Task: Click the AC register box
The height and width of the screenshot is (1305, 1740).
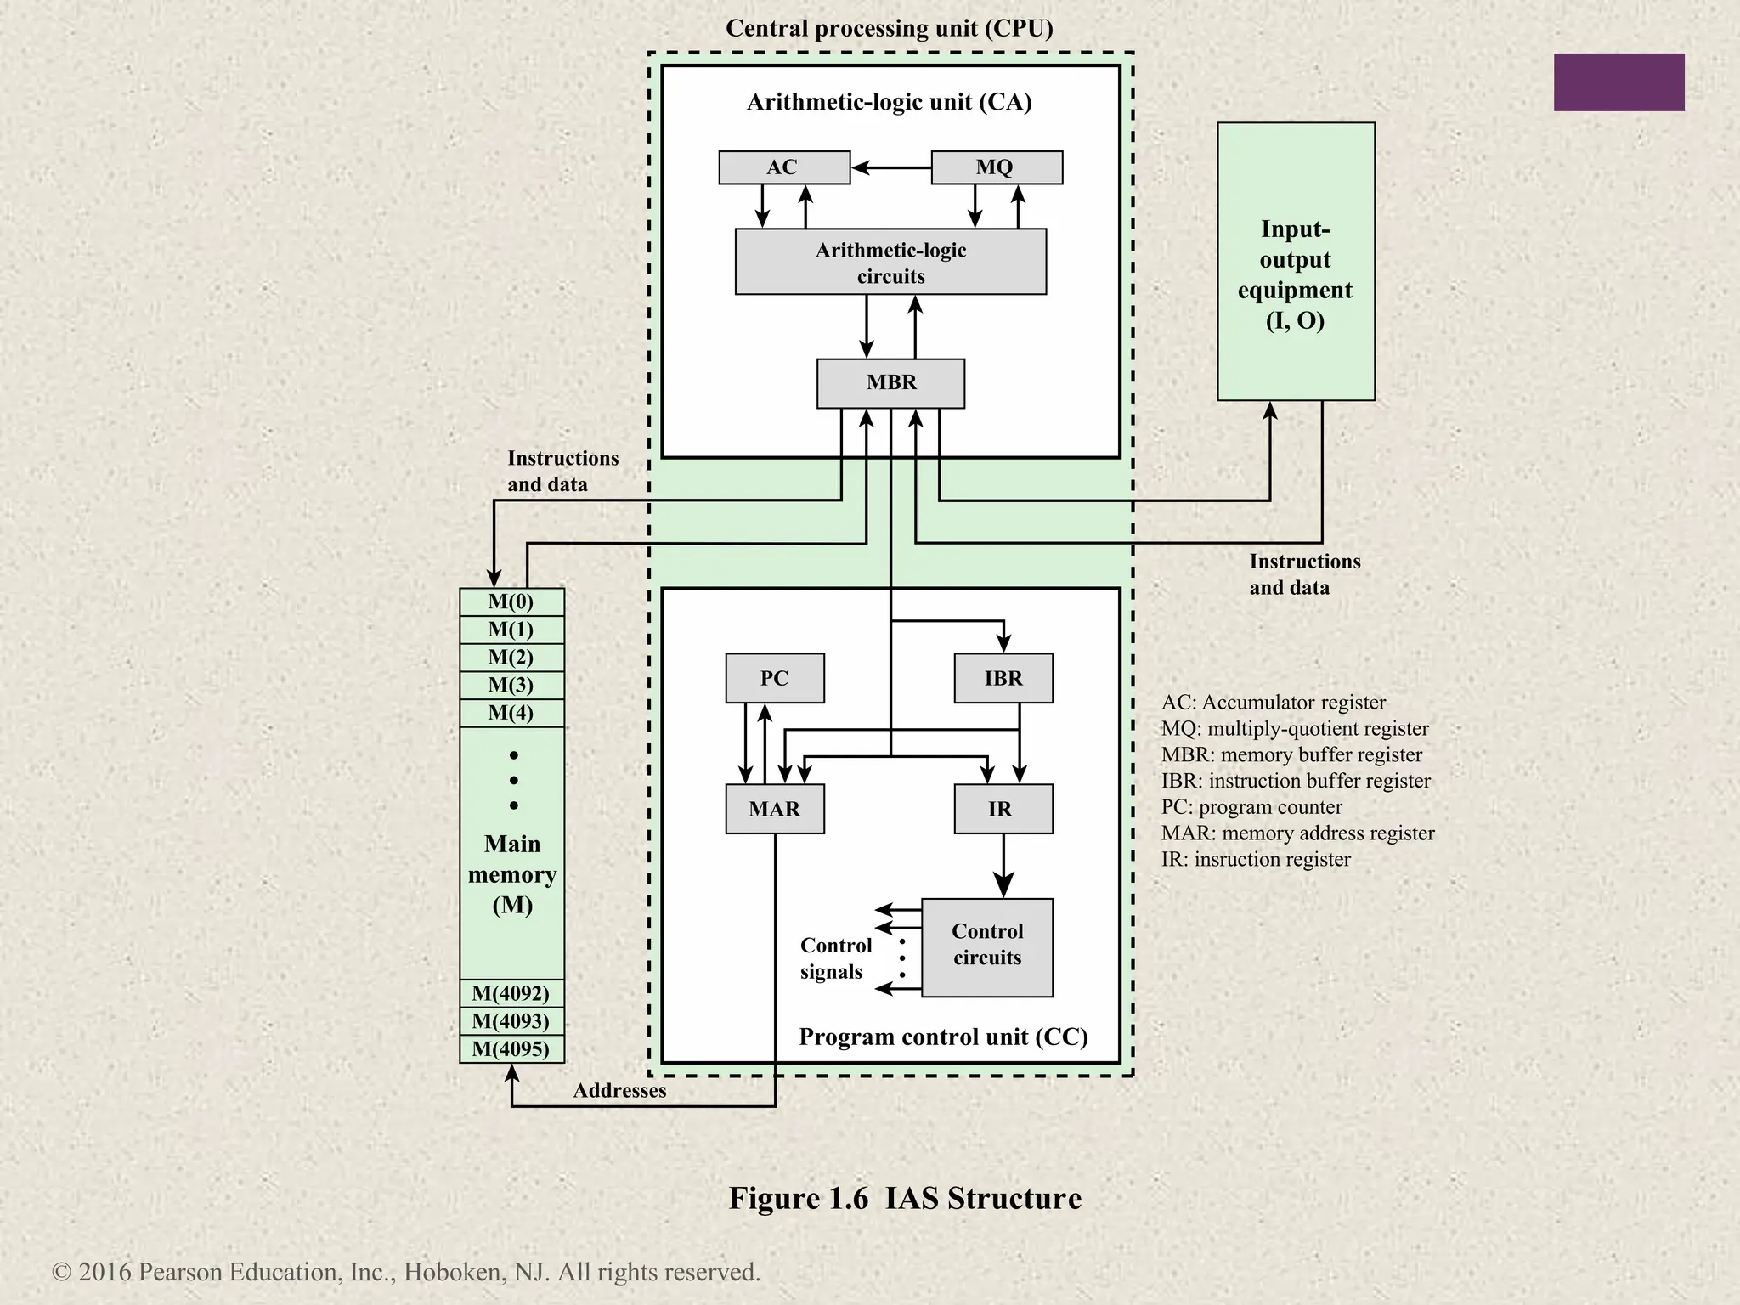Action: pos(783,167)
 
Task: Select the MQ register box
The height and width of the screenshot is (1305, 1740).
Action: pos(996,167)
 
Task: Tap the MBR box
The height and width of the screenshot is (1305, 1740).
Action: pos(890,383)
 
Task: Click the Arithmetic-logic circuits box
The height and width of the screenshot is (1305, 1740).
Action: pos(890,263)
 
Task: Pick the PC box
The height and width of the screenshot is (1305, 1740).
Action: pos(774,678)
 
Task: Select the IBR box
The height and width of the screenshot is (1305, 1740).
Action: pos(1003,678)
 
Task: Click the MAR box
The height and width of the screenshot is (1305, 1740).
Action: pos(774,809)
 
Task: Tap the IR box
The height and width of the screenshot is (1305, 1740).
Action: pos(1003,809)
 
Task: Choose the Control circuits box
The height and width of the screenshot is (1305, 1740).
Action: pos(986,947)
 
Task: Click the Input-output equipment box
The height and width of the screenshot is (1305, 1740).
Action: pos(1295,262)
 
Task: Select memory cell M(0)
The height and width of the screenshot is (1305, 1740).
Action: pos(511,602)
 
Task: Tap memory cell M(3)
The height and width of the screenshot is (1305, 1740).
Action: pos(511,686)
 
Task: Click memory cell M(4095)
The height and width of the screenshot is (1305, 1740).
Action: pos(511,1049)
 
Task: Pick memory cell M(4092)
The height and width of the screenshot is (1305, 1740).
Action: pos(511,993)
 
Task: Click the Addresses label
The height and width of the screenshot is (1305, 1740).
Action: pos(619,1091)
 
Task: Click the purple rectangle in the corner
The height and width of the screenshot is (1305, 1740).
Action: pos(1619,82)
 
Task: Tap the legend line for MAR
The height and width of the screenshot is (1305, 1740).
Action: pos(1297,833)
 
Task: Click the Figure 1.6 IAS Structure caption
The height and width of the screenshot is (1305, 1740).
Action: pos(905,1198)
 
